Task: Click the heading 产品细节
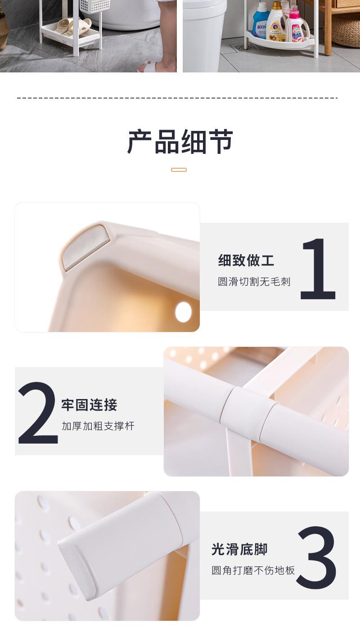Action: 180,141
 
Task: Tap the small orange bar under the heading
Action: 179,170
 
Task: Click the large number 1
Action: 318,269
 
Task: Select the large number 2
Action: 38,413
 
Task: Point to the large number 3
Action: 316,558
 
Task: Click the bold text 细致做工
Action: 246,260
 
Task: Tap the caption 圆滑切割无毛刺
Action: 254,282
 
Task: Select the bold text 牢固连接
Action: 89,405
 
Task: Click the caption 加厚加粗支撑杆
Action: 98,426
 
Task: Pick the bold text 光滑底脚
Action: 239,549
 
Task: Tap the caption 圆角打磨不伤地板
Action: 253,570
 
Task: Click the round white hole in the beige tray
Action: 183,312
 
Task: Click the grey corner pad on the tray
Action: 85,246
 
